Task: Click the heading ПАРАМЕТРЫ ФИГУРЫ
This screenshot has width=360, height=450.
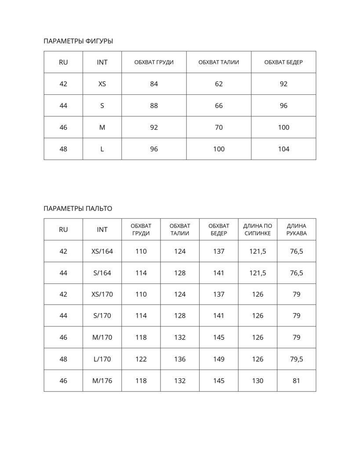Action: pos(78,41)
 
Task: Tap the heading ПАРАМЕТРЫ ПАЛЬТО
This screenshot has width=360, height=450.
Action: pos(78,209)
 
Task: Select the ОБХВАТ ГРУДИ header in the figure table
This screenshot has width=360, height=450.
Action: pos(154,62)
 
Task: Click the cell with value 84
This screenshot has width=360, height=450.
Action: pos(154,84)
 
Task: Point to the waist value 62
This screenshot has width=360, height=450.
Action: pos(219,84)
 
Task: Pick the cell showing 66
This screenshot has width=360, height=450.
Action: pos(219,106)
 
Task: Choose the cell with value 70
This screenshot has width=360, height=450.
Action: pos(219,127)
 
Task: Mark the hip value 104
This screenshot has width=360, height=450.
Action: pos(284,149)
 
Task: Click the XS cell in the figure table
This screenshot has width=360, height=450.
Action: pos(102,84)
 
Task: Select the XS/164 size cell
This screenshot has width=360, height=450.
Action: pos(102,251)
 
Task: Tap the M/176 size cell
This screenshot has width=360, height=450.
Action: pos(102,381)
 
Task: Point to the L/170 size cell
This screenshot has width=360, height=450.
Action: pos(102,359)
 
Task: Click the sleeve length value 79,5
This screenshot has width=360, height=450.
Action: pos(297,359)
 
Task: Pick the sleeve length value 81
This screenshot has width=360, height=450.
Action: pos(296,381)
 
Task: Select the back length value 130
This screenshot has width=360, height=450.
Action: pos(258,381)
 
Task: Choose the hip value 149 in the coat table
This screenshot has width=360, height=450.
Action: pos(219,359)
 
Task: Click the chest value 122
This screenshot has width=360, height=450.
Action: pos(141,359)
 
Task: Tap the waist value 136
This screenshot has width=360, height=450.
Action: pos(180,359)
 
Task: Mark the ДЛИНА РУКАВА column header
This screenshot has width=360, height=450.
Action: pos(296,230)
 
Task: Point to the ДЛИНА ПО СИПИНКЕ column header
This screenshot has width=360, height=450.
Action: pos(258,230)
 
